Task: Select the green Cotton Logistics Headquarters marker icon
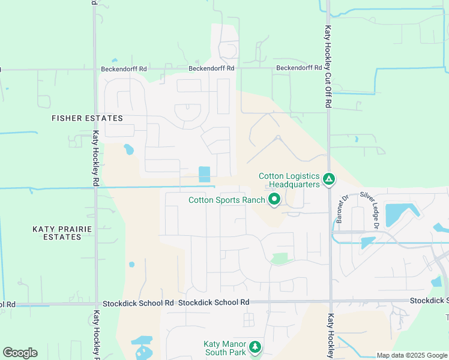[328, 179]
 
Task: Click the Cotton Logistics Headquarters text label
[289, 180]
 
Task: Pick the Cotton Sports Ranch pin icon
[274, 199]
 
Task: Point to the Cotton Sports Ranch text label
[227, 200]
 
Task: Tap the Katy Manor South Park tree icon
[255, 346]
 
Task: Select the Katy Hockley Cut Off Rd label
[328, 66]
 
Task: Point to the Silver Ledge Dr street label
[369, 210]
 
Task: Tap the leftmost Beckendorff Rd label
[124, 69]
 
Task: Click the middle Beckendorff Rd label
[211, 68]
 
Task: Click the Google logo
[20, 353]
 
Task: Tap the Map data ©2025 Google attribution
[411, 355]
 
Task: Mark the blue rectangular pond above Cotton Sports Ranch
[204, 174]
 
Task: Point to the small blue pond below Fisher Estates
[128, 149]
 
